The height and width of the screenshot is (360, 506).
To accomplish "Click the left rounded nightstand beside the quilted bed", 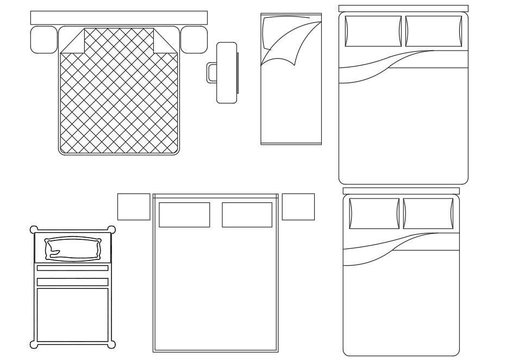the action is pyautogui.click(x=43, y=40).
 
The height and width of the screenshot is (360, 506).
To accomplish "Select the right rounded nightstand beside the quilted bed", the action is pyautogui.click(x=193, y=40).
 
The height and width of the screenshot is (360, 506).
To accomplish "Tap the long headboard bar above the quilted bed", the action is pyautogui.click(x=118, y=17).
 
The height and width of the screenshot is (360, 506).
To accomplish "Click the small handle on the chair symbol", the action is pyautogui.click(x=211, y=73).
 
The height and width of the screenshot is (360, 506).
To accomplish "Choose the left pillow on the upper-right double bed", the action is pyautogui.click(x=373, y=31).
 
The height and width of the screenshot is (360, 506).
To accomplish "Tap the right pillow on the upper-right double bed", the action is pyautogui.click(x=434, y=31).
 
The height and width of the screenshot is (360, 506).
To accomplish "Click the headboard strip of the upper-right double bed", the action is pyautogui.click(x=403, y=8).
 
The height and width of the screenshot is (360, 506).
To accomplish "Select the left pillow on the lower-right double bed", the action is pyautogui.click(x=374, y=213).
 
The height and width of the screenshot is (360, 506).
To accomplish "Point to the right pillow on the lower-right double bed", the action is pyautogui.click(x=428, y=213).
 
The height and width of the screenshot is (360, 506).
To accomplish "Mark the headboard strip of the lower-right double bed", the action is pyautogui.click(x=401, y=191).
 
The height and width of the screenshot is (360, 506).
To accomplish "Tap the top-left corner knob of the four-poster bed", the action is pyautogui.click(x=34, y=229).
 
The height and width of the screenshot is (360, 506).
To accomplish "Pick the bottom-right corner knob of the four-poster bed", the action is pyautogui.click(x=112, y=344).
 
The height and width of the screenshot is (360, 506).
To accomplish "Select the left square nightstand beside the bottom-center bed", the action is pyautogui.click(x=134, y=207).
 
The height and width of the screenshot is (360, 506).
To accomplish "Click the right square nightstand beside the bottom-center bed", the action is pyautogui.click(x=298, y=207).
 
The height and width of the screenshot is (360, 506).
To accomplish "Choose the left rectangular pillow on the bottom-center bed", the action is pyautogui.click(x=184, y=215).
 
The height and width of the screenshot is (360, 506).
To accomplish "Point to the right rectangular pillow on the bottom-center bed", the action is pyautogui.click(x=247, y=215).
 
